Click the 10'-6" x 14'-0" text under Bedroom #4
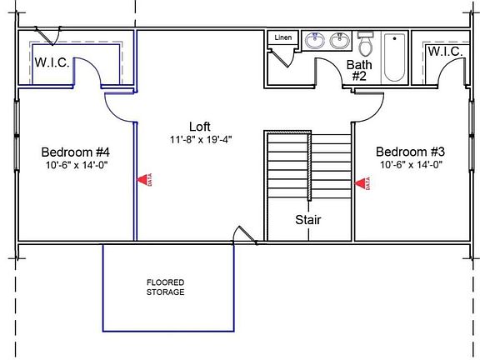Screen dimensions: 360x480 pyautogui.click(x=76, y=165)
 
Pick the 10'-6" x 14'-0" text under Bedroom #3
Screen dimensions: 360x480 pyautogui.click(x=410, y=165)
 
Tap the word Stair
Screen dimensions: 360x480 pyautogui.click(x=308, y=220)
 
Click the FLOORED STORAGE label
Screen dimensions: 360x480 pyautogui.click(x=165, y=287)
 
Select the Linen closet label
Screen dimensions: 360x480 pyautogui.click(x=283, y=38)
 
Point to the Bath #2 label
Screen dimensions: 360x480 pyautogui.click(x=359, y=70)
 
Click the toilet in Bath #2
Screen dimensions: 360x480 pyautogui.click(x=365, y=43)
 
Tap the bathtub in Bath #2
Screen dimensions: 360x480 pyautogui.click(x=393, y=57)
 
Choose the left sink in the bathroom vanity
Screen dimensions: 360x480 pyautogui.click(x=315, y=40)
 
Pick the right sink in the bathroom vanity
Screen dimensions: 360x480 pyautogui.click(x=339, y=40)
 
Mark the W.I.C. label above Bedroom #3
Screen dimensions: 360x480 pyautogui.click(x=445, y=52)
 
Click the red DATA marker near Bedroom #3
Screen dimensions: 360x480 pyautogui.click(x=363, y=182)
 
